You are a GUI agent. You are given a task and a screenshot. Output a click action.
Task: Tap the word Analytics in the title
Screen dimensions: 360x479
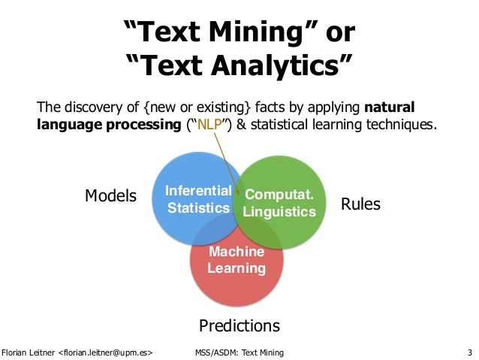[x=282, y=68]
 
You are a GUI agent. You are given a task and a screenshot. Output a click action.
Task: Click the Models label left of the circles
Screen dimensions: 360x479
[x=110, y=196]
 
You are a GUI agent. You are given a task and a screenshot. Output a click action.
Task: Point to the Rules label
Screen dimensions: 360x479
[x=360, y=204]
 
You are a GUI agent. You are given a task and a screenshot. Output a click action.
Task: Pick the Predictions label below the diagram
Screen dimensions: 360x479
[x=239, y=325]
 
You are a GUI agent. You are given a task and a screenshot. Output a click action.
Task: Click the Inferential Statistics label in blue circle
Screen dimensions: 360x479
[x=198, y=198]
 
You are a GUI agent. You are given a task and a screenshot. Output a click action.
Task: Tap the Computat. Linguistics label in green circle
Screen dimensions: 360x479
[x=280, y=203]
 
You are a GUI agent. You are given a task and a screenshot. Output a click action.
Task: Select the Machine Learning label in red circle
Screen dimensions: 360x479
[x=237, y=260]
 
